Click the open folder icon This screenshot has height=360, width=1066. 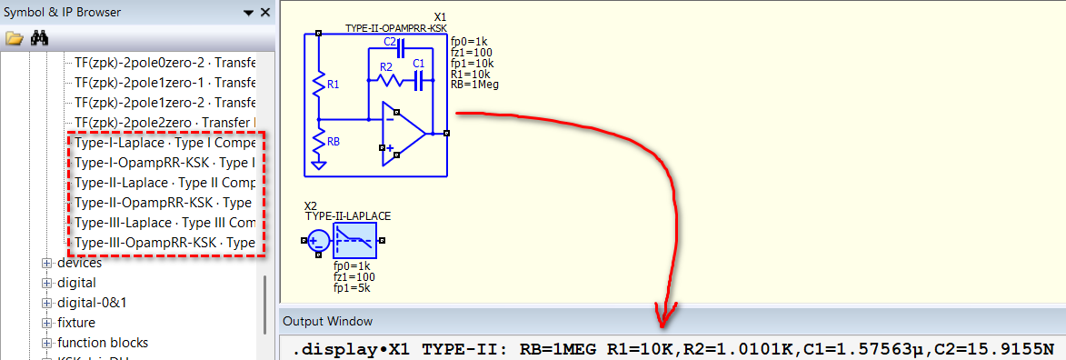pos(14,38)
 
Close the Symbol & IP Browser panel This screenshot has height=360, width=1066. pos(265,12)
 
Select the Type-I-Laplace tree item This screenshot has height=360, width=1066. pos(164,144)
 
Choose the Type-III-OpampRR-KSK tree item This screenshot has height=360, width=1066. pos(164,242)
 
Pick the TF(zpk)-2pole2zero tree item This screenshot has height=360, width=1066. pos(164,123)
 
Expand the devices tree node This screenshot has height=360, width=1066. pos(47,263)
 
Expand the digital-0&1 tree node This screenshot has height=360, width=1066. pos(47,302)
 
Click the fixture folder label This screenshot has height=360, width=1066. pos(76,323)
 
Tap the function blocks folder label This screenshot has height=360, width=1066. pos(103,343)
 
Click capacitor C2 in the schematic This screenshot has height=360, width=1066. pos(400,48)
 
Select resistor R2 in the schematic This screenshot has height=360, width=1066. pos(390,81)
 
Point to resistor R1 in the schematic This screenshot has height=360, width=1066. pos(318,85)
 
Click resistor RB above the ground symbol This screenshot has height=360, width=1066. pos(318,143)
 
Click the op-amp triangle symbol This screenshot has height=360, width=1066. pos(403,134)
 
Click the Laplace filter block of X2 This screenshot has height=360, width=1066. pos(354,240)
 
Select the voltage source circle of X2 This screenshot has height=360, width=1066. pos(318,240)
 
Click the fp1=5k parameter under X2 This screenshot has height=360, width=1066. pos(352,288)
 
